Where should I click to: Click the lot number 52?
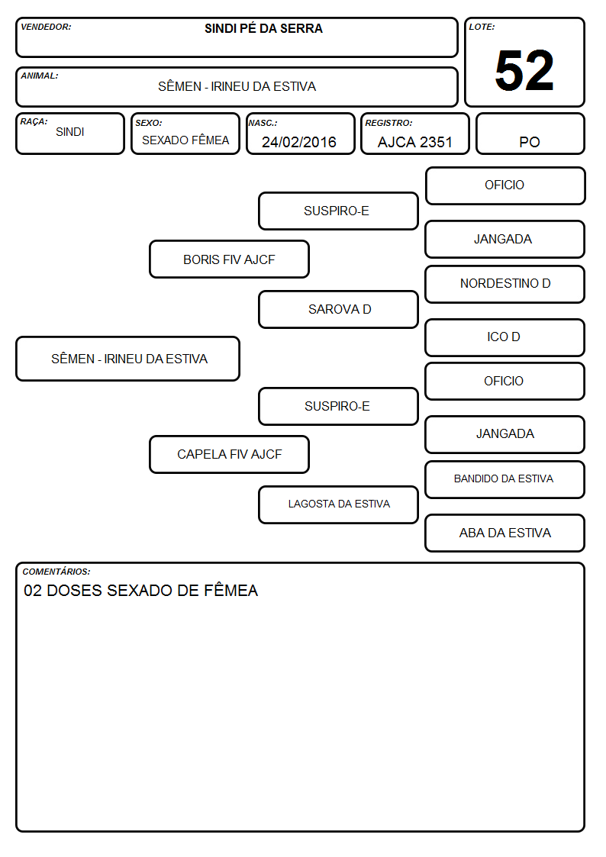[x=524, y=70]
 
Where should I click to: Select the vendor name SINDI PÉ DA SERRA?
[x=263, y=28]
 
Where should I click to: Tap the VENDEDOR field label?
[x=46, y=27]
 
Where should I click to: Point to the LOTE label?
[x=482, y=27]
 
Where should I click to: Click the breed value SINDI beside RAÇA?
[x=70, y=132]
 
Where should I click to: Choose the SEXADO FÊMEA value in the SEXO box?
[x=185, y=140]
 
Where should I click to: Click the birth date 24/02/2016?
[x=299, y=142]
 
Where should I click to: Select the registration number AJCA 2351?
[x=415, y=142]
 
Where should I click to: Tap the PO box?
[x=530, y=134]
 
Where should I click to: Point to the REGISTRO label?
[x=388, y=123]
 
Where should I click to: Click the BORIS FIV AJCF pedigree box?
[x=230, y=259]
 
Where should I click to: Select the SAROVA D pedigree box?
[x=339, y=309]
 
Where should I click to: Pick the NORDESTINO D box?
[x=505, y=284]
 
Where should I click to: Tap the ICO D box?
[x=505, y=338]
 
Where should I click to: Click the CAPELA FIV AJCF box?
[x=230, y=454]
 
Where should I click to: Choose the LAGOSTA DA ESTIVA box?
[x=339, y=504]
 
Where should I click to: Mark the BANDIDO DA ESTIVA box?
[x=505, y=479]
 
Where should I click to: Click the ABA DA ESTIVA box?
[x=505, y=533]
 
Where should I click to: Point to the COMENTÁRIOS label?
[x=56, y=572]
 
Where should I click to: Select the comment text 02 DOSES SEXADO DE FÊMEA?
[x=141, y=590]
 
